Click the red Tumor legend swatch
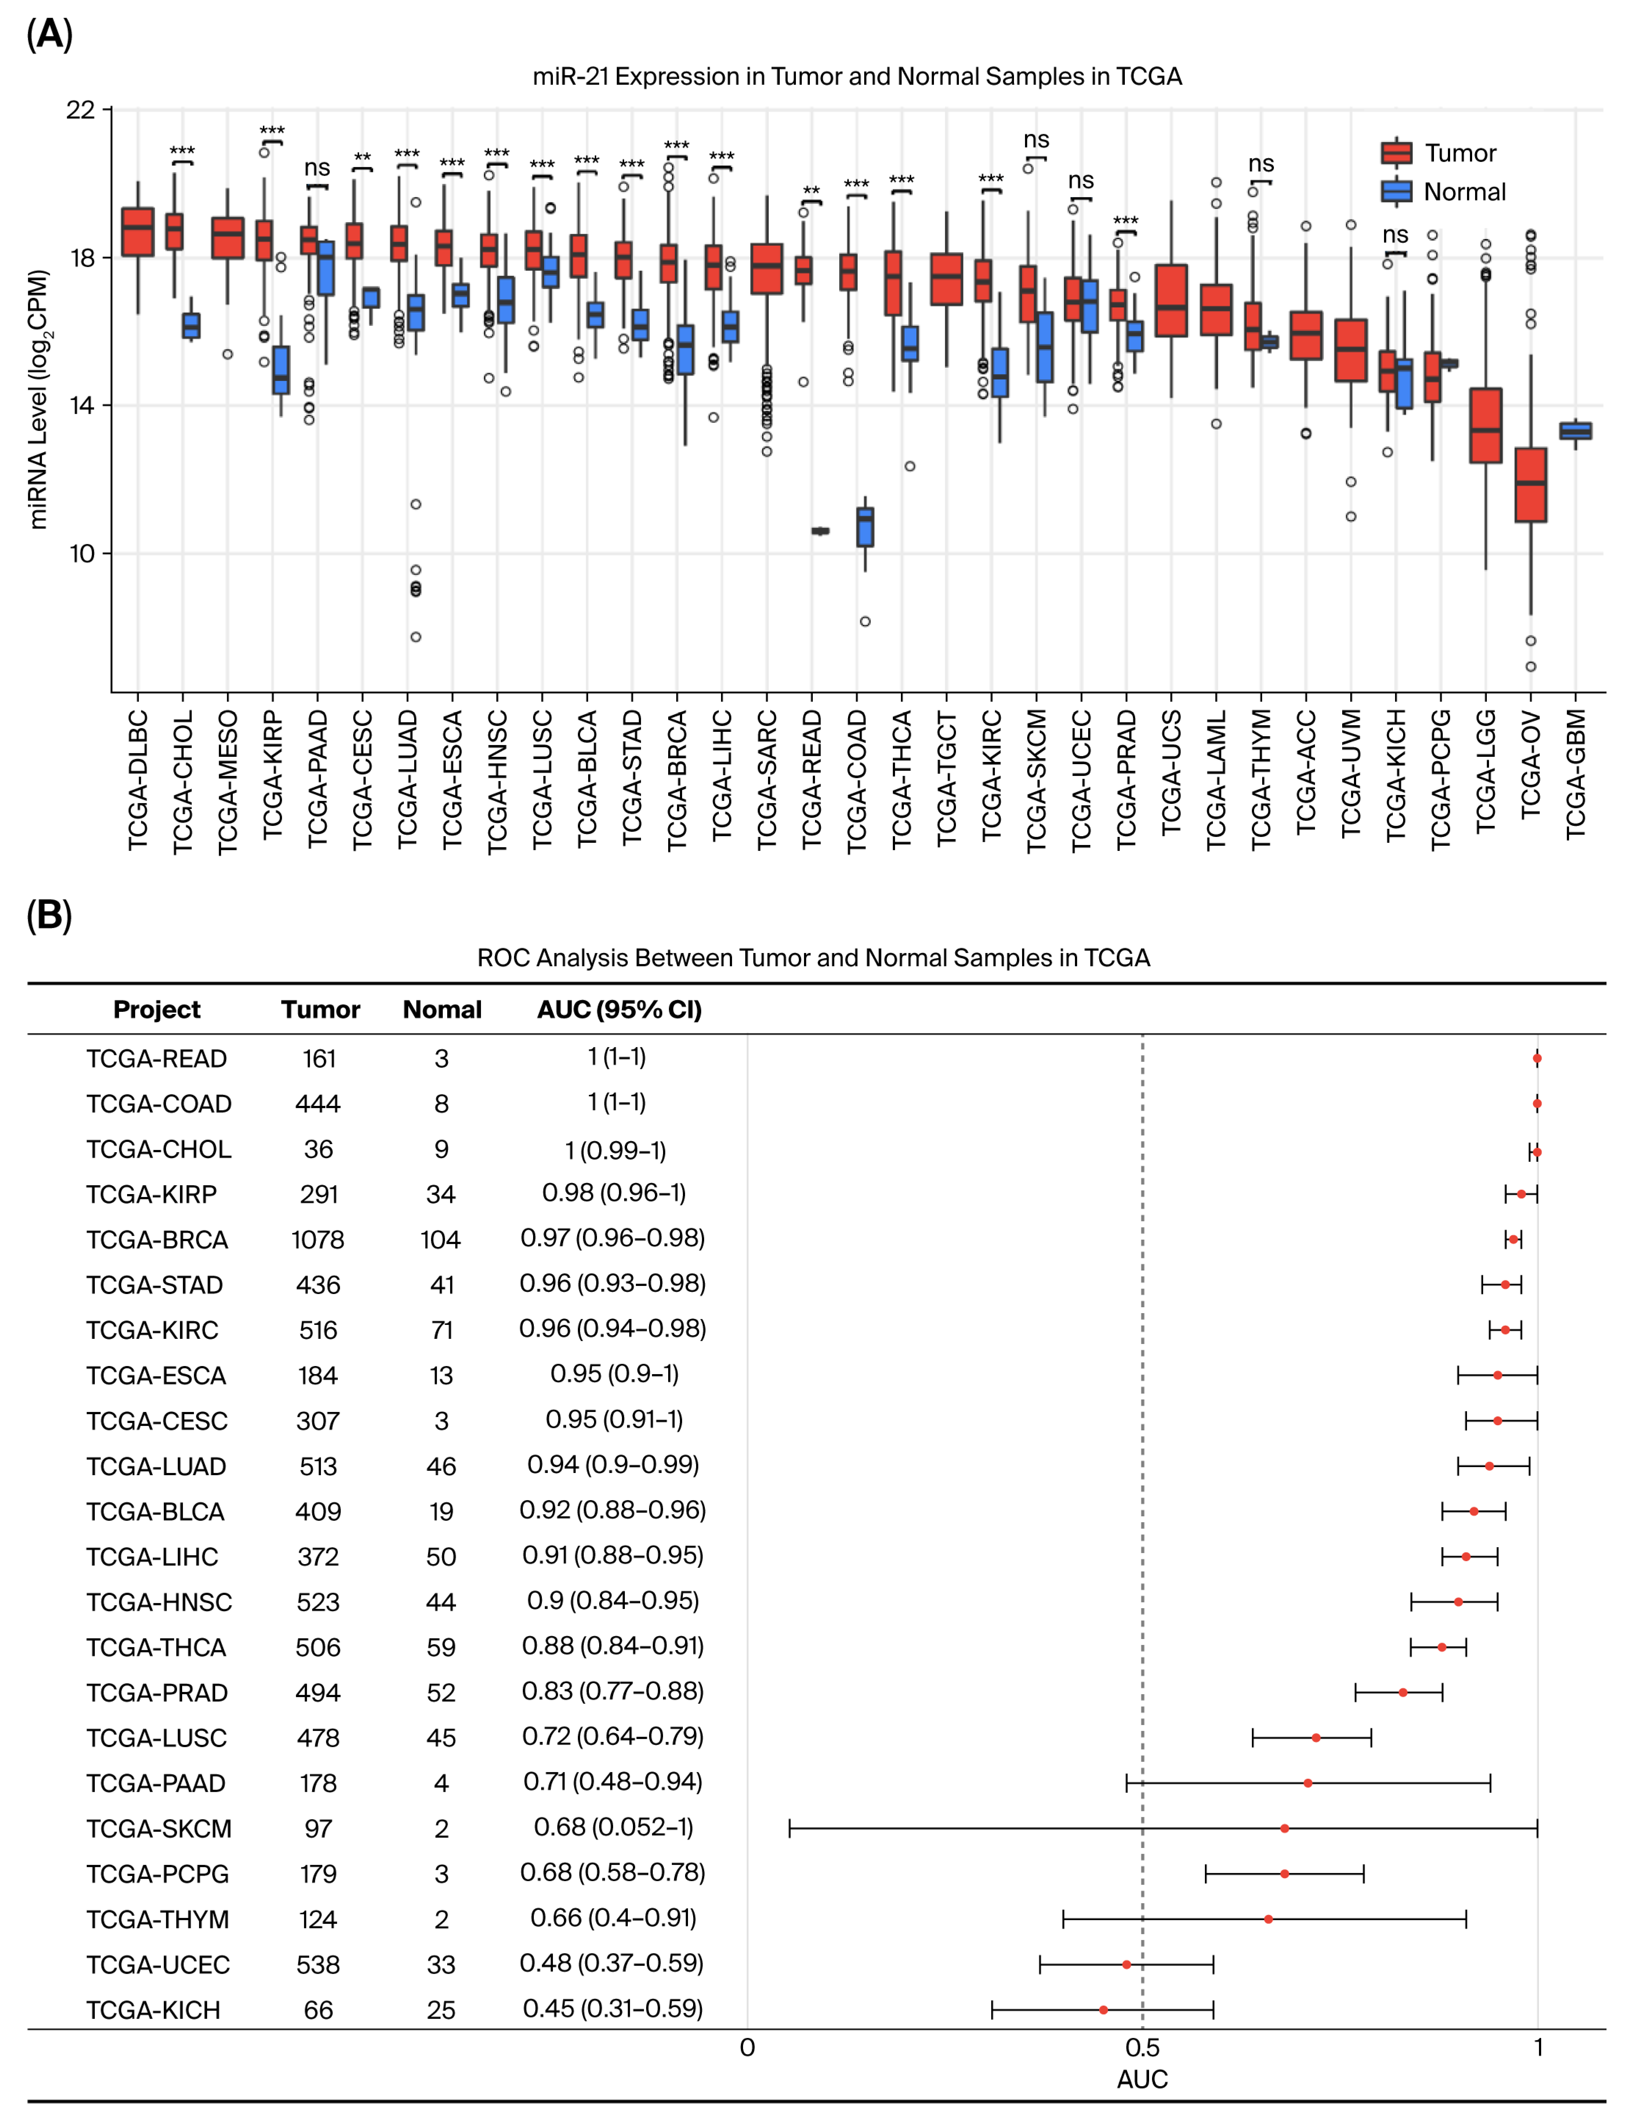pyautogui.click(x=1396, y=152)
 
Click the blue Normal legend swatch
pyautogui.click(x=1396, y=191)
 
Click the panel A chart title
pyautogui.click(x=857, y=77)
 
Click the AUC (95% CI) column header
pyautogui.click(x=619, y=1010)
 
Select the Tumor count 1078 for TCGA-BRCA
pyautogui.click(x=318, y=1240)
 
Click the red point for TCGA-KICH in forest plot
pyautogui.click(x=1103, y=2009)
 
